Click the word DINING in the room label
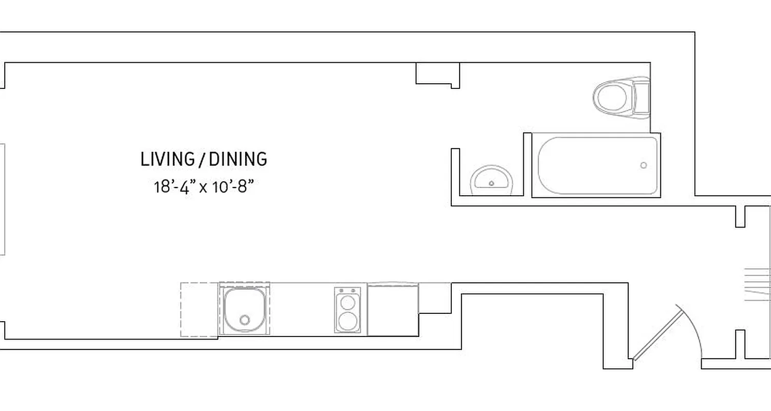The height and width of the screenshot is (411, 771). coord(238,159)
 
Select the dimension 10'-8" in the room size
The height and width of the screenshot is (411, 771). coord(233,186)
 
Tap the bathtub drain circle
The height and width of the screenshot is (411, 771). coord(644,165)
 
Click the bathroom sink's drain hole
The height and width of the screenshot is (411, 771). coord(492,183)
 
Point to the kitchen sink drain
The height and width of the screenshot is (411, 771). coord(245,320)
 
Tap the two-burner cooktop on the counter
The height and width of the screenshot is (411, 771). coord(347,310)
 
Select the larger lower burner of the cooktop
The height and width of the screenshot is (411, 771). coord(347,321)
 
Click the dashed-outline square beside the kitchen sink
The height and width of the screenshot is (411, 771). coord(199,310)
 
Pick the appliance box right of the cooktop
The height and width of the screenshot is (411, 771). coord(393,310)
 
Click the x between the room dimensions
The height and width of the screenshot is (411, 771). coord(204,188)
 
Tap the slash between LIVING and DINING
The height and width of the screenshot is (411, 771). coord(198,159)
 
